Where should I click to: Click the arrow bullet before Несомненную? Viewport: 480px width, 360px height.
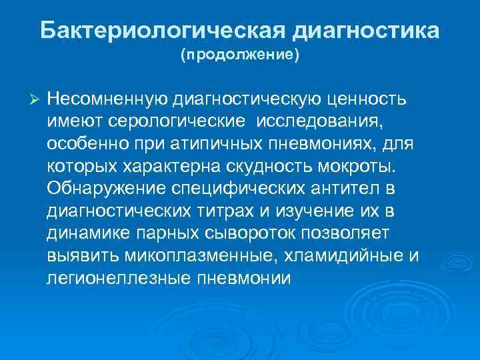[x=36, y=99]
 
